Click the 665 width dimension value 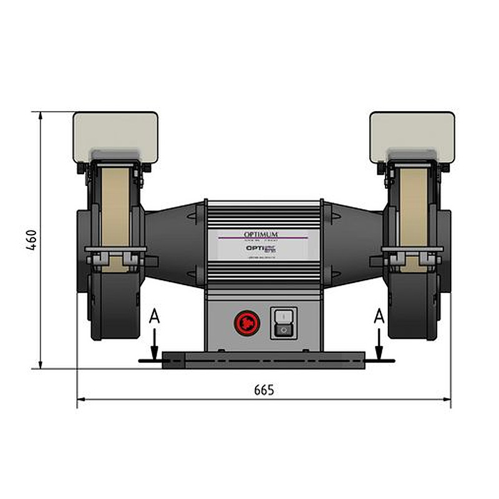coord(264,390)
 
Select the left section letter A coord(155,317)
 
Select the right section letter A coord(378,317)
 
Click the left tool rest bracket coord(115,254)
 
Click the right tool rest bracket coord(412,254)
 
